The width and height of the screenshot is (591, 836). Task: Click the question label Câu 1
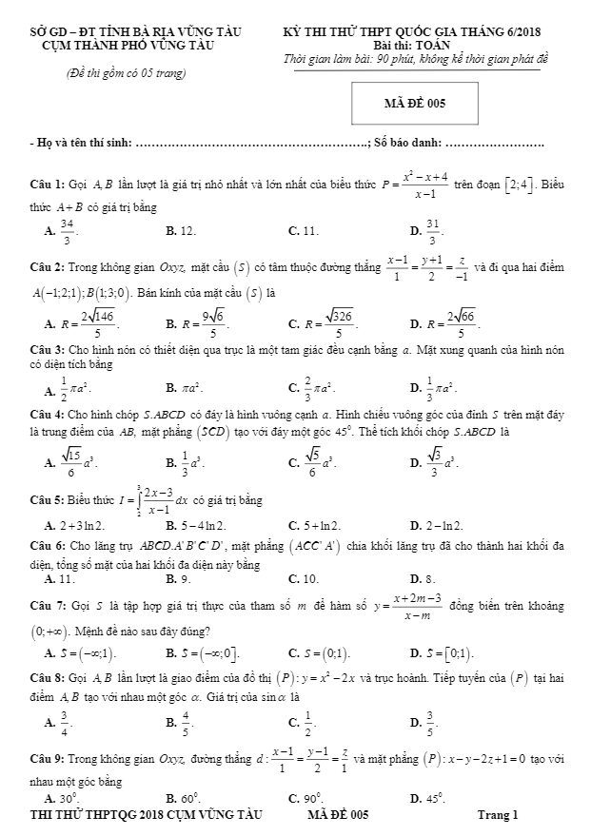(x=47, y=183)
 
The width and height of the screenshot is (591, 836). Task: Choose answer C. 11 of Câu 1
(x=304, y=230)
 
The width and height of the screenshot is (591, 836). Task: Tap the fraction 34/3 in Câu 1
(x=67, y=231)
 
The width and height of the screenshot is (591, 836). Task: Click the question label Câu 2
(x=47, y=267)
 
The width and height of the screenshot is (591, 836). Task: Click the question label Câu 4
(x=47, y=415)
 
